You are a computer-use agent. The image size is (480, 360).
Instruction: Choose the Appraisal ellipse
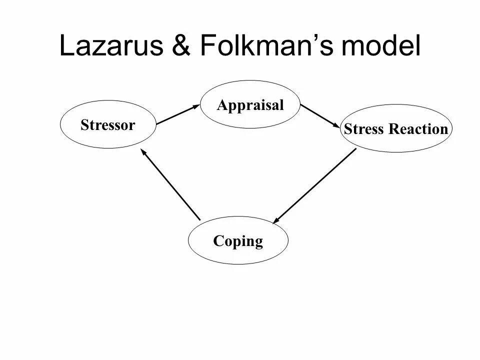250,104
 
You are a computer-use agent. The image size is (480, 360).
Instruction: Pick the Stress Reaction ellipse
395,128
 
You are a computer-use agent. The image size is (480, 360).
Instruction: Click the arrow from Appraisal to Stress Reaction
320,115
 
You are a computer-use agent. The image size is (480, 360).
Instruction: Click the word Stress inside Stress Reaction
363,129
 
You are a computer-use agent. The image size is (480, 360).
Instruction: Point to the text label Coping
238,242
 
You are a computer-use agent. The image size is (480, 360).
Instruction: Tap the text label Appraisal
250,105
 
